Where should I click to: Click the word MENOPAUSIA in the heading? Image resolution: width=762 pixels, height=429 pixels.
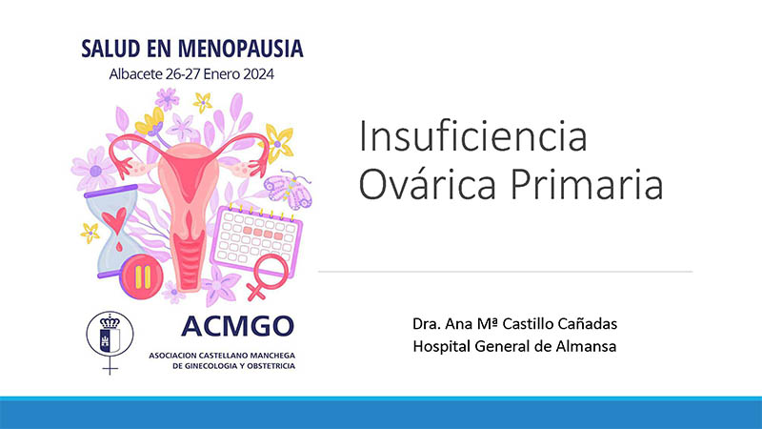coord(241,49)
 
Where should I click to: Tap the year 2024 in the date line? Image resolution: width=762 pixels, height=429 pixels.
coord(258,74)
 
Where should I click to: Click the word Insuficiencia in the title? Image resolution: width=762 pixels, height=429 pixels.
coord(472,136)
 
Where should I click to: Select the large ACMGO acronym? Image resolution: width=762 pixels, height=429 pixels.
coord(237,326)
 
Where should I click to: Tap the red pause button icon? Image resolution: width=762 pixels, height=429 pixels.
coord(142,276)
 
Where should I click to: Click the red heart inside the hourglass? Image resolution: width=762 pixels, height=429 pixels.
coord(114,219)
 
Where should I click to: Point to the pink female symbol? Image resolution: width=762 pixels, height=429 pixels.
coord(267,276)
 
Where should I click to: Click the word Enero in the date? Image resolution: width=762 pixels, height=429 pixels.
coord(222,74)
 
